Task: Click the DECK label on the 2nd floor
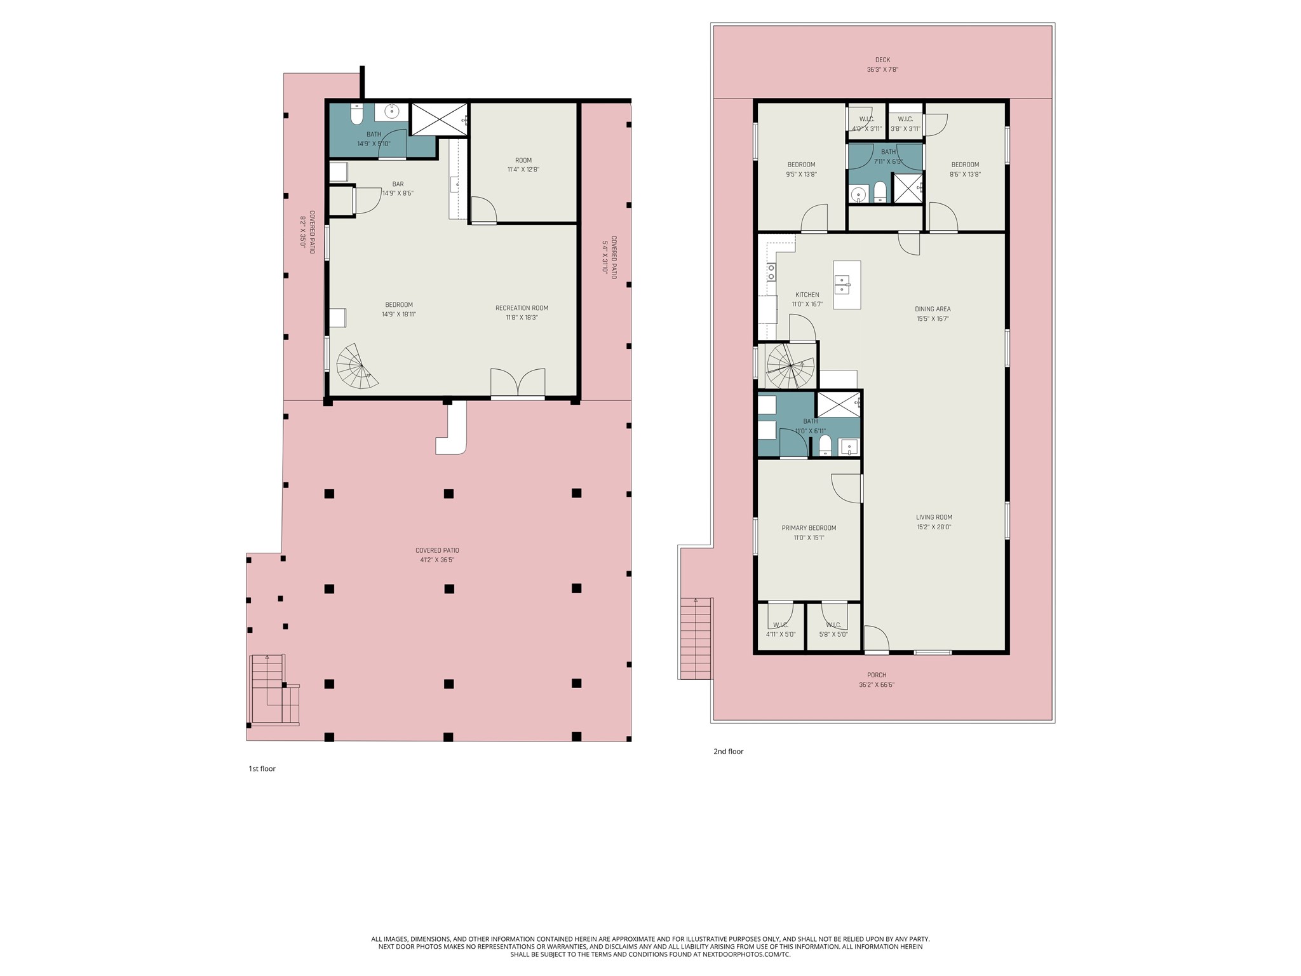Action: (x=882, y=60)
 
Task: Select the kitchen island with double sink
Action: (x=847, y=285)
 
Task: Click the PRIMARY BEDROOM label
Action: (x=809, y=528)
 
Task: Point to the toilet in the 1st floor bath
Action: (x=356, y=116)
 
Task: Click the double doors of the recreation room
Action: (x=518, y=383)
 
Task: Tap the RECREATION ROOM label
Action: (x=522, y=308)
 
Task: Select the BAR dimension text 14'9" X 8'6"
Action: (x=398, y=193)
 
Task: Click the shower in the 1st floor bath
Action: (x=439, y=119)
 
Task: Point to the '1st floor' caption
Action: (x=262, y=769)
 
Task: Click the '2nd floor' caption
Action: (x=728, y=752)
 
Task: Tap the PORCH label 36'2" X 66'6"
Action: (x=877, y=680)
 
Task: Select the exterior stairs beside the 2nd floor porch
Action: (x=696, y=638)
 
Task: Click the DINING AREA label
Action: (x=933, y=309)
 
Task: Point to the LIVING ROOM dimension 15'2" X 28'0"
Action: (x=934, y=527)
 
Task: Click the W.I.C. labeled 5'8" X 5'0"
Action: (x=833, y=629)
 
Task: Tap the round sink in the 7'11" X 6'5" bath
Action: (x=858, y=194)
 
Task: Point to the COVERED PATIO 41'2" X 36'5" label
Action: (x=437, y=555)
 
